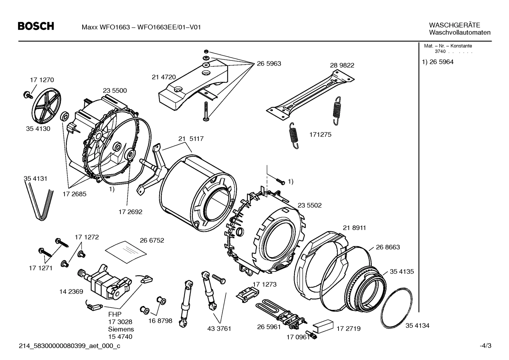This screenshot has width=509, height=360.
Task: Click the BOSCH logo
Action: pyautogui.click(x=36, y=26)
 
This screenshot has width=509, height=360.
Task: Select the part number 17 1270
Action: pyautogui.click(x=42, y=80)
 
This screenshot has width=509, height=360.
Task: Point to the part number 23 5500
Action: pyautogui.click(x=115, y=90)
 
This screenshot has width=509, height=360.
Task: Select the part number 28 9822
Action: pyautogui.click(x=342, y=65)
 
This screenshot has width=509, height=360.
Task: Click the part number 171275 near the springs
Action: pyautogui.click(x=321, y=135)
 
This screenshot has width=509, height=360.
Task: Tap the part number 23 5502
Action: pyautogui.click(x=310, y=205)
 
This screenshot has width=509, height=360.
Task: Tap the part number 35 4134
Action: pyautogui.click(x=417, y=325)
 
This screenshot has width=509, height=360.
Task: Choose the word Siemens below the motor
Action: pyautogui.click(x=121, y=329)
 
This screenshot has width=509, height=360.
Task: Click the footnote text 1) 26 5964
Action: pyautogui.click(x=438, y=62)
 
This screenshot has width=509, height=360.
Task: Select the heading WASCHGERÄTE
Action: pyautogui.click(x=454, y=25)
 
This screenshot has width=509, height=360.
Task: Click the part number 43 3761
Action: pyautogui.click(x=219, y=329)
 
